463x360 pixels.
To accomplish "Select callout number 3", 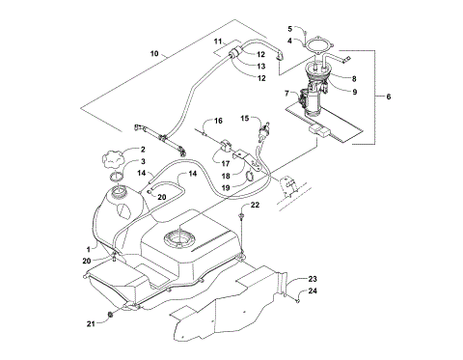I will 143,162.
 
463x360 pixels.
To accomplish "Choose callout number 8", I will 355,79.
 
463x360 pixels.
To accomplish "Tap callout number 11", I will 219,42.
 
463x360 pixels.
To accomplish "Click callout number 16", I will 218,122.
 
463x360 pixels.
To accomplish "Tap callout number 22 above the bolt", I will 256,206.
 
